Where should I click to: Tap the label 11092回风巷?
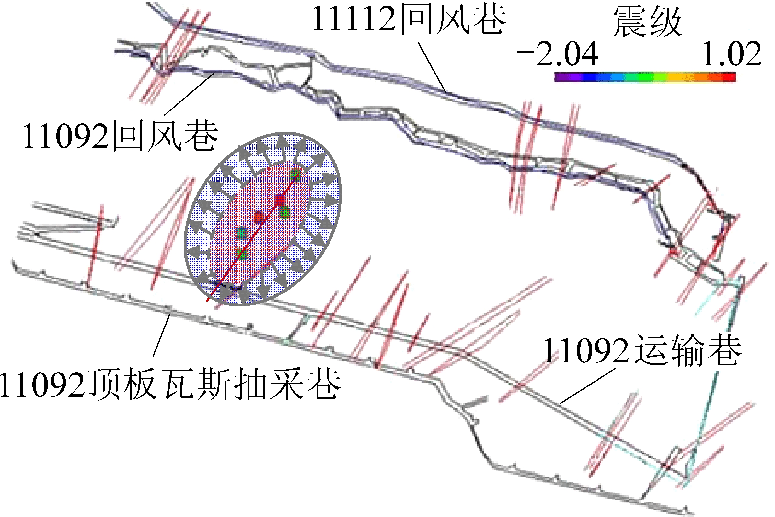121,135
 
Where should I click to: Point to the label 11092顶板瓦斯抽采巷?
170,384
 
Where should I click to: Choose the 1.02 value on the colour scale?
732,53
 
